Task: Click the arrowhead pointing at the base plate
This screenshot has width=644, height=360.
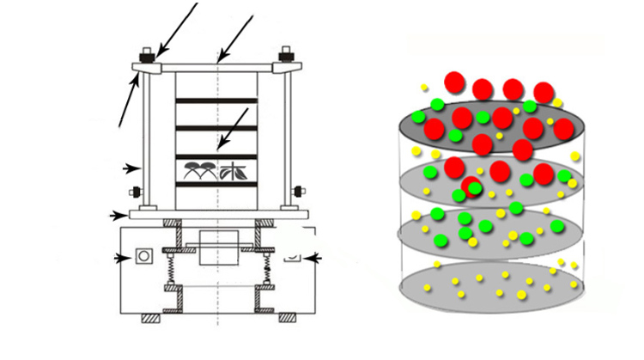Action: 117,214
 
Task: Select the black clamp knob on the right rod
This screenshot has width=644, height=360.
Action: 296,190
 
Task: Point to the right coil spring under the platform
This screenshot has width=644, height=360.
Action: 267,275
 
